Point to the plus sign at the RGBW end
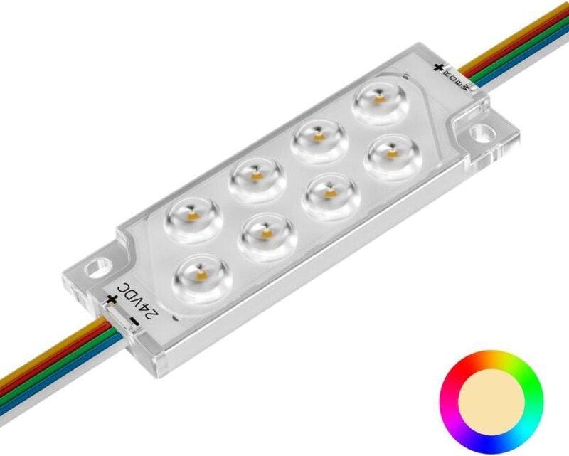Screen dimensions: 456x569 pos(438,69)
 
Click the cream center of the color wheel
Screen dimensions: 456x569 pos(491,400)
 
